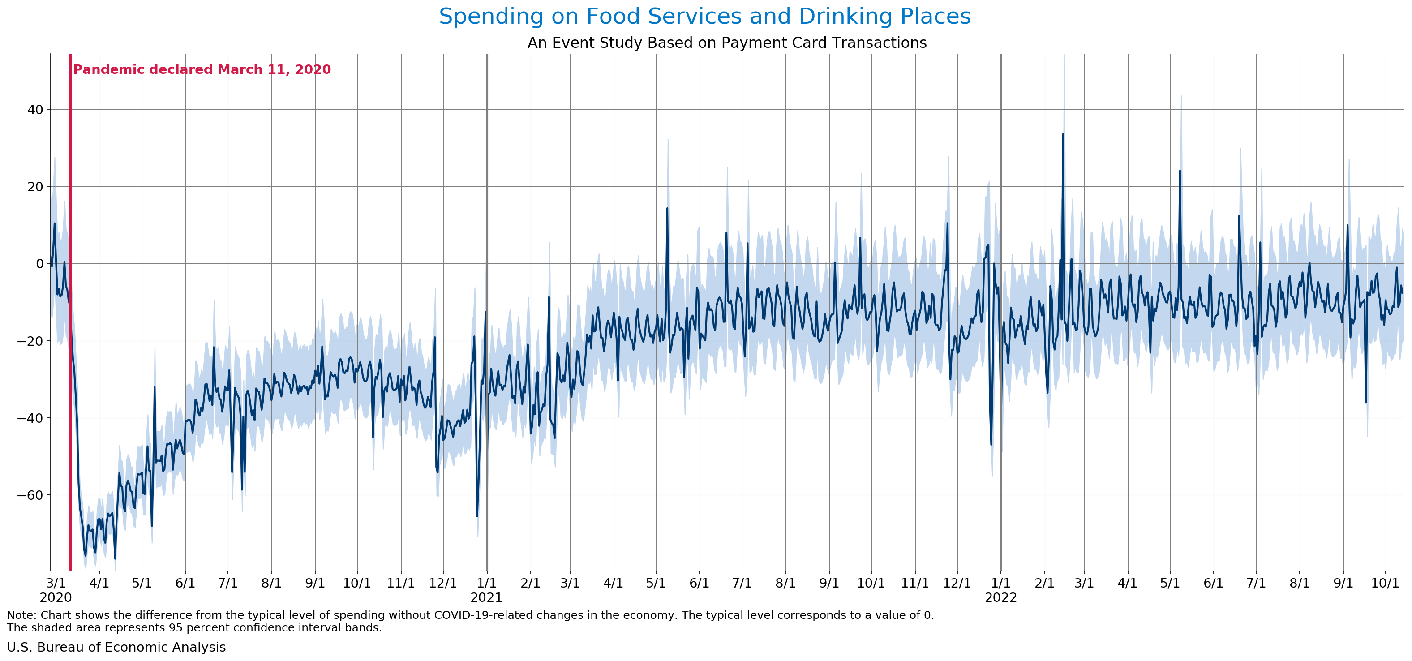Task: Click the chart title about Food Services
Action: click(705, 17)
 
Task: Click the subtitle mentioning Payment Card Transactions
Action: click(727, 43)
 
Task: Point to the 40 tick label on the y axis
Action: click(35, 110)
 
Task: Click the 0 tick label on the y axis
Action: click(39, 264)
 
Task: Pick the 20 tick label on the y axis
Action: click(35, 187)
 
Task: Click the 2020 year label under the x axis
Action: click(56, 597)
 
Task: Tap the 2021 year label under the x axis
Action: click(486, 597)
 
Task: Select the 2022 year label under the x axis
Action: click(1001, 597)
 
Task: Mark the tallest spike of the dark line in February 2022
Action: click(1063, 134)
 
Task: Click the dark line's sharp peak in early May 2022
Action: click(1180, 171)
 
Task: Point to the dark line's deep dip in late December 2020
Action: click(477, 515)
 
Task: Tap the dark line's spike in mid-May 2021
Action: click(667, 209)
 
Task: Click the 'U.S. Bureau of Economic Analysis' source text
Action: click(116, 647)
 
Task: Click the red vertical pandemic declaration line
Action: click(70, 329)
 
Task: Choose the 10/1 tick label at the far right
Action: click(1385, 583)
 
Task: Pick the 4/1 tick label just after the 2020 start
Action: click(99, 583)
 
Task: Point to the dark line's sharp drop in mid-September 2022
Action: click(1366, 402)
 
